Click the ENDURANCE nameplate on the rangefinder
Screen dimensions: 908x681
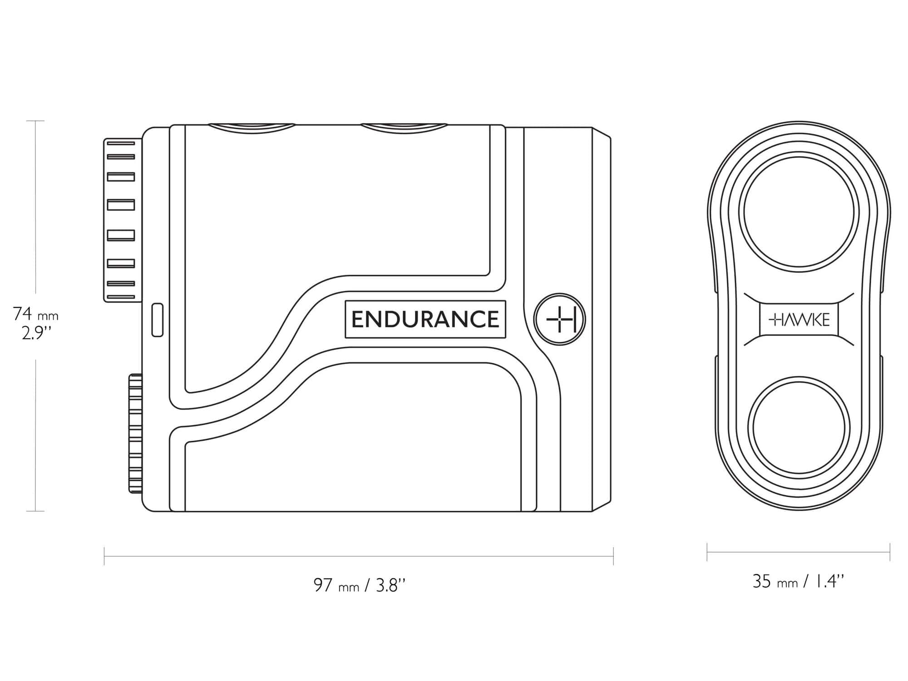pyautogui.click(x=425, y=319)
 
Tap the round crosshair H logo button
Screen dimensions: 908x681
pyautogui.click(x=560, y=319)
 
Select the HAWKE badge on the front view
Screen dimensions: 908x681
pyautogui.click(x=799, y=320)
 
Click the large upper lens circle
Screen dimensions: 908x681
pyautogui.click(x=799, y=212)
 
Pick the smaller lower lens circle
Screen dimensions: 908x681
pyautogui.click(x=799, y=427)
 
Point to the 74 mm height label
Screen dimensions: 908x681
pyautogui.click(x=35, y=314)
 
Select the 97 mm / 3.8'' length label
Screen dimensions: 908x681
pyautogui.click(x=359, y=585)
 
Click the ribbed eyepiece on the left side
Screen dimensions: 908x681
pyautogui.click(x=120, y=220)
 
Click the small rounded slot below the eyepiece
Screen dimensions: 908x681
pyautogui.click(x=157, y=320)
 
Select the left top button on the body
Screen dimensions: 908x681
pyautogui.click(x=252, y=128)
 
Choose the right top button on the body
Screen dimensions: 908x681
pyautogui.click(x=404, y=128)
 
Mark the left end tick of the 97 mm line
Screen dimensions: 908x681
pyautogui.click(x=104, y=556)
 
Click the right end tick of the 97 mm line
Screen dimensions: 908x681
pyautogui.click(x=613, y=556)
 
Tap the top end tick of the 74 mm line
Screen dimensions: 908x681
pyautogui.click(x=35, y=121)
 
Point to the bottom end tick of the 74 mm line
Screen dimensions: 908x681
pyautogui.click(x=35, y=511)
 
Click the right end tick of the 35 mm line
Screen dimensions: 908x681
pyautogui.click(x=890, y=552)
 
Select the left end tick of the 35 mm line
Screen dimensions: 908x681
pyautogui.click(x=707, y=552)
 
